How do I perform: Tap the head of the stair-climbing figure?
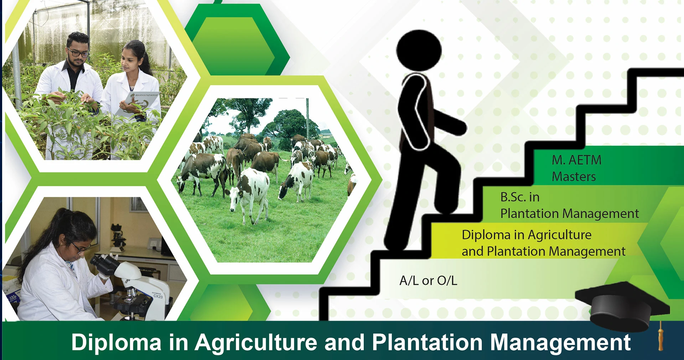419,50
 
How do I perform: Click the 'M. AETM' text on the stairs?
576,160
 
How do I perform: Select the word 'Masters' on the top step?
574,176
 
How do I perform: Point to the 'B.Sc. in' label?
520,197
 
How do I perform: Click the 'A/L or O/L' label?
428,281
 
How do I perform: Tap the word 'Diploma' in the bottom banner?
116,343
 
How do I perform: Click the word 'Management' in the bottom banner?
560,343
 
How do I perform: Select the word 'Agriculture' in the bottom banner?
256,343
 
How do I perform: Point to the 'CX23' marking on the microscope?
158,296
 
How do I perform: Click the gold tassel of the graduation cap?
661,337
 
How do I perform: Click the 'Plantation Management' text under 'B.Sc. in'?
569,214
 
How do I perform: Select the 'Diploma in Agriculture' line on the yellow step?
527,235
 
